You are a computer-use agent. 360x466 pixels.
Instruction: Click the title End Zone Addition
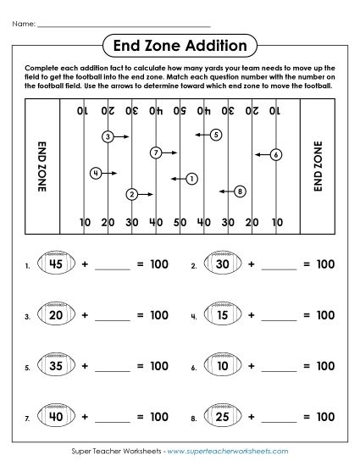click(x=180, y=45)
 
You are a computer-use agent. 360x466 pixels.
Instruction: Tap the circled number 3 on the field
click(x=108, y=136)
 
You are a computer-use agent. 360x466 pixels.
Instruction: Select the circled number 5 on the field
click(x=216, y=134)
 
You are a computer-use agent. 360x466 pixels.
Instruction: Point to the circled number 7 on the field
click(x=155, y=153)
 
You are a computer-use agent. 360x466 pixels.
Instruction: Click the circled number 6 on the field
click(x=276, y=154)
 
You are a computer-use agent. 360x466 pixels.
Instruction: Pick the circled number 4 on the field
click(x=96, y=173)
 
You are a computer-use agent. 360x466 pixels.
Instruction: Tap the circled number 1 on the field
click(x=192, y=178)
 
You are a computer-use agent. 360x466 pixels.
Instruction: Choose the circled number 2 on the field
click(x=131, y=194)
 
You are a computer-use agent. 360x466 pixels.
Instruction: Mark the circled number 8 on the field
click(x=240, y=191)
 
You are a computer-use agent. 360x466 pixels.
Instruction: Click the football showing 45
click(x=57, y=264)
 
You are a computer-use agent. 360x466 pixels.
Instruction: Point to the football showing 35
click(x=57, y=367)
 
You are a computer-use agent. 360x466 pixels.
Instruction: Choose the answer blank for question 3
click(x=114, y=319)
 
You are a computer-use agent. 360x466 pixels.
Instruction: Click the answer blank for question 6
click(x=280, y=371)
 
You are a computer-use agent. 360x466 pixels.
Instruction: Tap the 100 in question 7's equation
click(x=159, y=418)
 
